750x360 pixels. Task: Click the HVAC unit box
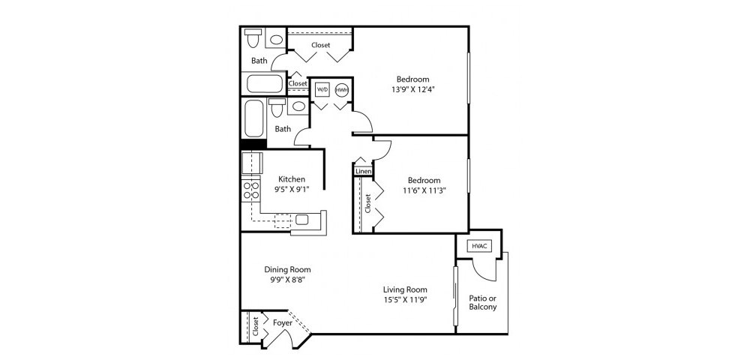(x=478, y=246)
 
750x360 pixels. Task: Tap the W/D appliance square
(x=322, y=90)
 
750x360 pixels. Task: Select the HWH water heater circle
(x=341, y=90)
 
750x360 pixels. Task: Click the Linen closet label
(x=364, y=171)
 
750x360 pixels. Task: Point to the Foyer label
(x=282, y=323)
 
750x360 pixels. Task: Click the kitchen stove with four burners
(x=250, y=190)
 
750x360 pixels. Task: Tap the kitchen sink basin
(x=301, y=220)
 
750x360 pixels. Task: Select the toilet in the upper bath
(x=253, y=37)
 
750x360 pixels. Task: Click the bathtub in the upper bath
(x=265, y=84)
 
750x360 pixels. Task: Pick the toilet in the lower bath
(x=277, y=107)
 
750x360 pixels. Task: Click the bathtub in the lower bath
(x=253, y=118)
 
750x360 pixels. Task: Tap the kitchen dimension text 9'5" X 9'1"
(x=291, y=189)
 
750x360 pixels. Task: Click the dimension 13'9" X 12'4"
(x=412, y=89)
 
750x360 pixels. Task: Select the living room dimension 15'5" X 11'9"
(x=405, y=300)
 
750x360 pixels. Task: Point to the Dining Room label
(x=287, y=270)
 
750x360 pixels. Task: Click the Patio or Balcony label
(x=482, y=302)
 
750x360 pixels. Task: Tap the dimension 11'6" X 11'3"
(x=424, y=190)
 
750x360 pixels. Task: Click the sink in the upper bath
(x=276, y=39)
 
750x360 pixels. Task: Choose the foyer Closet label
(x=256, y=326)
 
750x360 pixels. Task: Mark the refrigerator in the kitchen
(x=251, y=163)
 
